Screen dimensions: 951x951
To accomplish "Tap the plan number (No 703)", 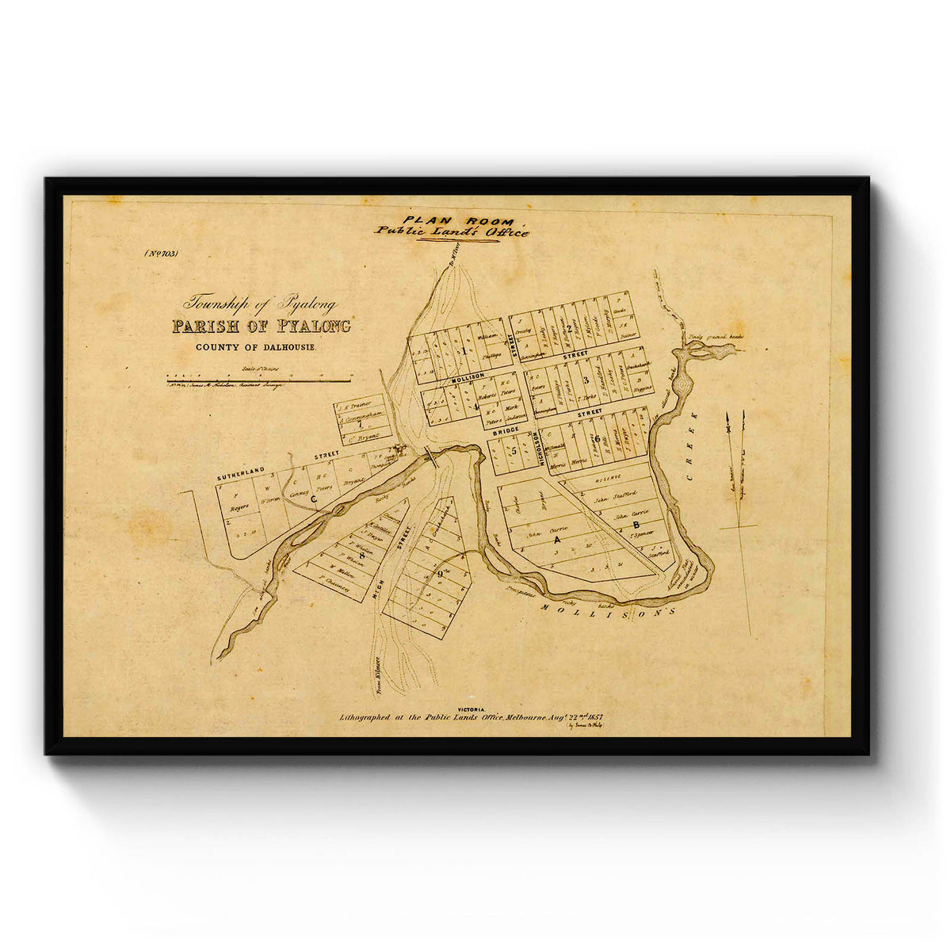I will click(161, 254).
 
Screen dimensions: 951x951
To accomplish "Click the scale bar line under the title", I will click(258, 380).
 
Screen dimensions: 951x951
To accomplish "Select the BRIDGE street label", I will click(504, 430).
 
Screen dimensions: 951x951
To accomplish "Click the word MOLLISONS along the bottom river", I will click(609, 609).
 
